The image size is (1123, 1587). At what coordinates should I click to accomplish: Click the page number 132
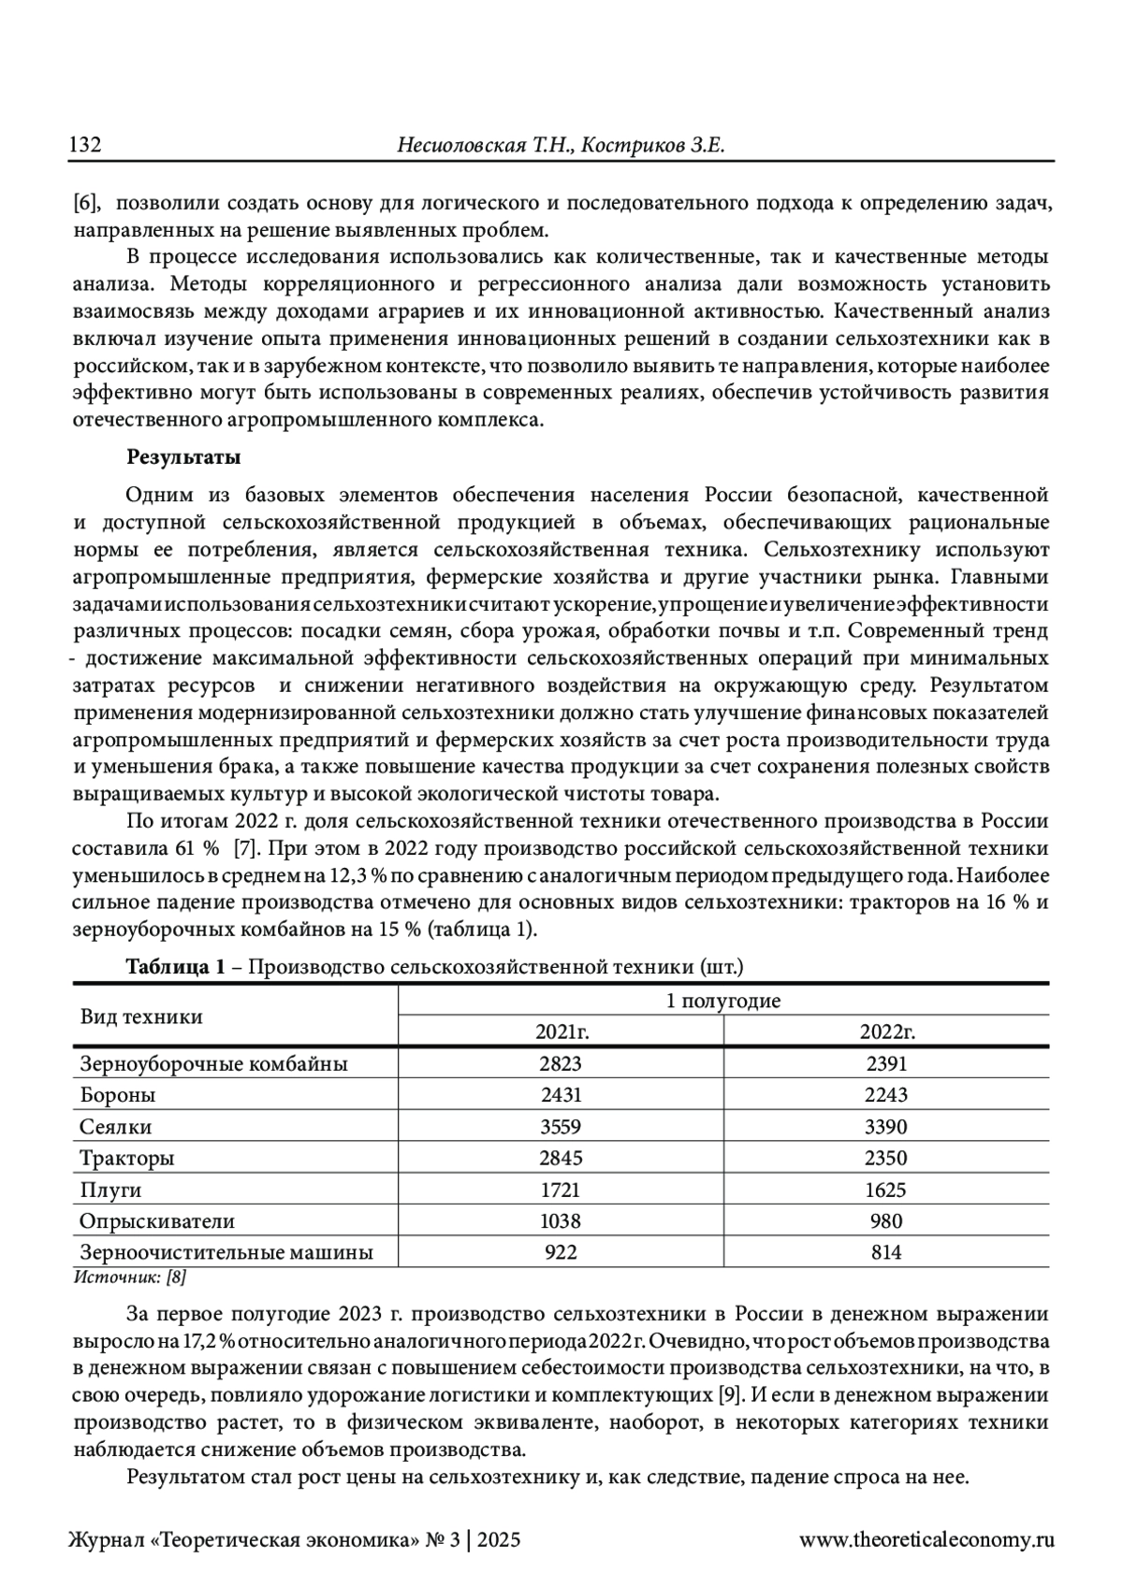coord(86,146)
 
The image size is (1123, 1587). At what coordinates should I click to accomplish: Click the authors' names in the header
coord(561,146)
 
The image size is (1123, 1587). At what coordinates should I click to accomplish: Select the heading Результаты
coord(183,458)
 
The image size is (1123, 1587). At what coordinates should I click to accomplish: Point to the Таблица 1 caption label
coord(176,967)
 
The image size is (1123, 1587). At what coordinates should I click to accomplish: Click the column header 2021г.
coord(561,1032)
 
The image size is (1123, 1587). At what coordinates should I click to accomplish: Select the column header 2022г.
coord(886,1032)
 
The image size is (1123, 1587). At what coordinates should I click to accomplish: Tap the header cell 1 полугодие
coord(723,1001)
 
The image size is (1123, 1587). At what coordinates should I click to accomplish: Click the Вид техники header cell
coord(141,1017)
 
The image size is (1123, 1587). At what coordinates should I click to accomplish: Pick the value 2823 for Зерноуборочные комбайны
coord(561,1063)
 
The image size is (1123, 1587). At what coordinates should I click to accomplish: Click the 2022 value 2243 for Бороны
coord(886,1095)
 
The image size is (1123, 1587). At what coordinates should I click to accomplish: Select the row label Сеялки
coord(116,1127)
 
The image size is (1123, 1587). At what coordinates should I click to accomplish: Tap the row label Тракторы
coord(127,1159)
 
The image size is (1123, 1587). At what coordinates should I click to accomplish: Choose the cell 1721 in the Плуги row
coord(561,1190)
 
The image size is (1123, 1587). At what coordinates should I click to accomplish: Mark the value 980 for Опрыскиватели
coord(886,1221)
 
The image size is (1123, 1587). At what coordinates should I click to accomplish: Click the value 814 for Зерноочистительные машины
coord(886,1253)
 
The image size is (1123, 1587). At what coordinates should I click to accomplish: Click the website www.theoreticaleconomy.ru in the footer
coord(926,1539)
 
